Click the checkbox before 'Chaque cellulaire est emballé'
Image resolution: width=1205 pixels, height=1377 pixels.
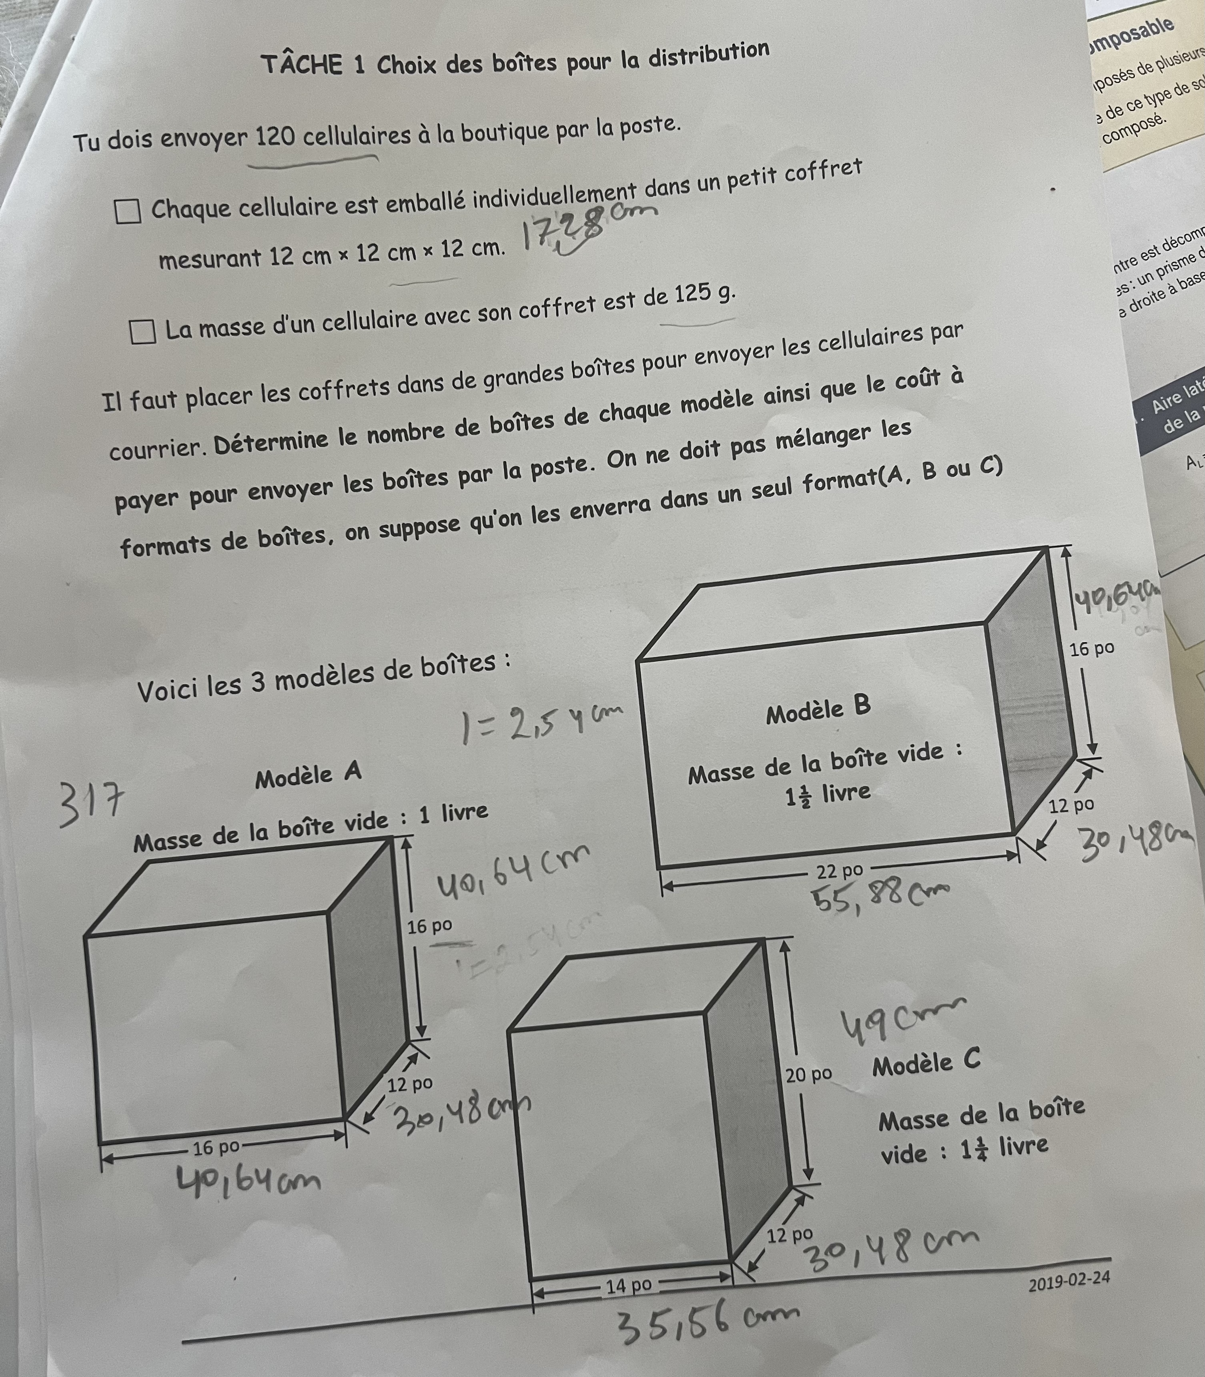click(x=128, y=211)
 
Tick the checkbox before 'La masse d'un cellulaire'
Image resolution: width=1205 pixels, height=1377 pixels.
click(x=142, y=331)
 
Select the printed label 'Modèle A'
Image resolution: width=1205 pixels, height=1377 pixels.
click(x=308, y=775)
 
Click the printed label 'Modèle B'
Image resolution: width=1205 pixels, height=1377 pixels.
click(x=818, y=710)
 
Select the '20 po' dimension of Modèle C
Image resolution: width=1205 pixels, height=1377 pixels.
click(x=808, y=1075)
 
